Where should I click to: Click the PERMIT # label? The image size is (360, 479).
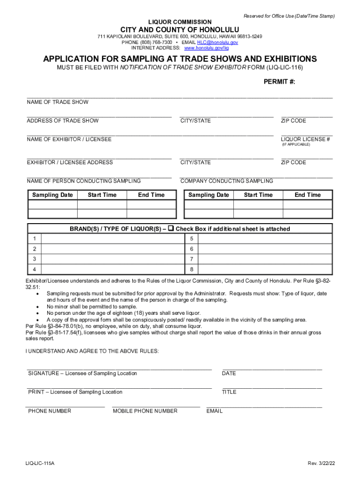[x=280, y=82]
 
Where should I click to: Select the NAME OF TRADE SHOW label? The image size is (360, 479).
[x=58, y=102]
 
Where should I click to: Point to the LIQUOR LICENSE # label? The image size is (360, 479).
[x=306, y=139]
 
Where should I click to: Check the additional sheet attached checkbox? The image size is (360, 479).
[x=171, y=229]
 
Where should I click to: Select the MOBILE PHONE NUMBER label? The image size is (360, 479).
[x=145, y=411]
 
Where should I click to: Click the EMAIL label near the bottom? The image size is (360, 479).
[x=215, y=411]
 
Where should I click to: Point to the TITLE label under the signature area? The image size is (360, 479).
[x=229, y=392]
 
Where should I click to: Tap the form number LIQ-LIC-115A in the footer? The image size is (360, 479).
[x=40, y=463]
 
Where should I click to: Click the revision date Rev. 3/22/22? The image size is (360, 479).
[x=321, y=463]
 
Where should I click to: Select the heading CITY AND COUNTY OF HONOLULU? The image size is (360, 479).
[x=180, y=29]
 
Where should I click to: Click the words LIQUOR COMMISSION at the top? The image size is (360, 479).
[x=180, y=22]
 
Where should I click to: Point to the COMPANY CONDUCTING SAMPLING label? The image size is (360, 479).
[x=227, y=181]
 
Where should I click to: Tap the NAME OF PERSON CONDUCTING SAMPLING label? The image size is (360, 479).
[x=84, y=181]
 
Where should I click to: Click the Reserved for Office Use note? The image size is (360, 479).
[x=289, y=16]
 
